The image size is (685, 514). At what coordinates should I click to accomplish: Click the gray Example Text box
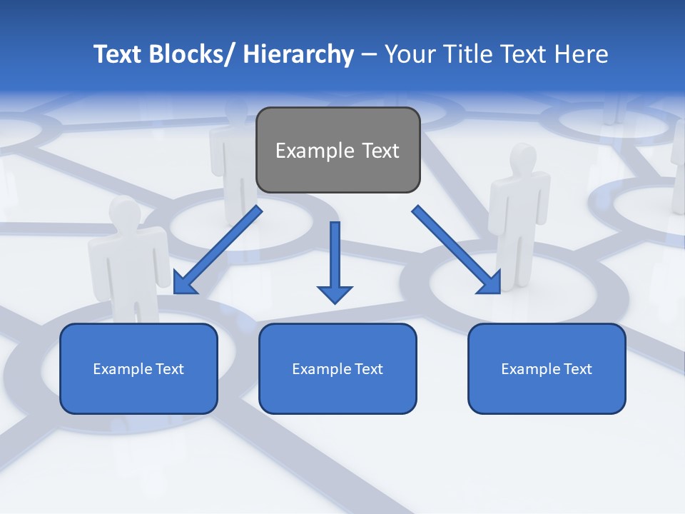(338, 150)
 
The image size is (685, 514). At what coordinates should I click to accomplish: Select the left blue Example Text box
(138, 368)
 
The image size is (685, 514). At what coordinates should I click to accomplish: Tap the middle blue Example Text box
(338, 368)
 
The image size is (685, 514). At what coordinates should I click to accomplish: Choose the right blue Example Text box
(547, 368)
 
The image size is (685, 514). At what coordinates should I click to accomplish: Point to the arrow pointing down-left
(218, 251)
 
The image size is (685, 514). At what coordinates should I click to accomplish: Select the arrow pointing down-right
(457, 250)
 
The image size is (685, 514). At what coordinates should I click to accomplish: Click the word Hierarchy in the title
(298, 54)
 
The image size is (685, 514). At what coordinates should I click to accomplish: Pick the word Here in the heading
(582, 54)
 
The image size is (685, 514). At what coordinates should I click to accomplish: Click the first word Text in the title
(118, 54)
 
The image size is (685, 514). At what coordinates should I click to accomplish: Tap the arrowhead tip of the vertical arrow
(335, 302)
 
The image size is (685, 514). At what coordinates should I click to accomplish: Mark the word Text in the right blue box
(576, 368)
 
